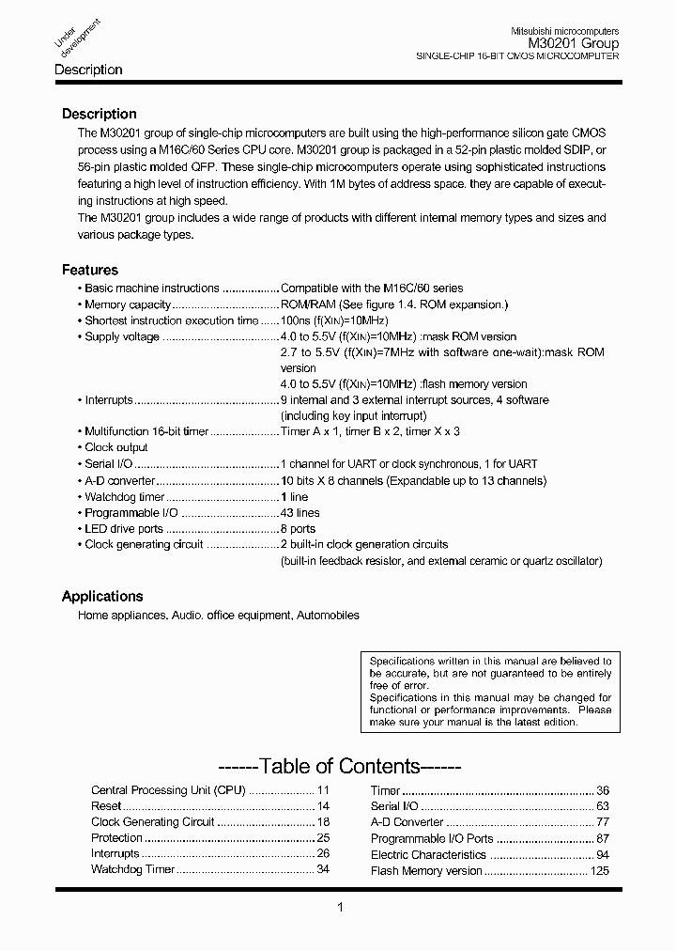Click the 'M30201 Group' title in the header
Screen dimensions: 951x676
573,43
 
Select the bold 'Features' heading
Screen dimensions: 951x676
90,270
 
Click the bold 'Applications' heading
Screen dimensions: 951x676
102,596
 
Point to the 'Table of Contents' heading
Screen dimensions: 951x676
339,766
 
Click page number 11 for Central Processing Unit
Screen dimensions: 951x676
323,790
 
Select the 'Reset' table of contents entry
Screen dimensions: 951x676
106,806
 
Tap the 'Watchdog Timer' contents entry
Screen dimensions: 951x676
132,869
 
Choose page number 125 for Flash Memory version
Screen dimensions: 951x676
600,871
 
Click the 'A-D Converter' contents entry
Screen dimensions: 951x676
407,822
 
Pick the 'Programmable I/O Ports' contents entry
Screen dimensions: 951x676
432,838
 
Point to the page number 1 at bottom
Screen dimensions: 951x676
339,907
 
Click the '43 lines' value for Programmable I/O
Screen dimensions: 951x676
300,513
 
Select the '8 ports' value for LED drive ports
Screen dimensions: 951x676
299,529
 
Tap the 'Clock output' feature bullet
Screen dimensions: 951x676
116,447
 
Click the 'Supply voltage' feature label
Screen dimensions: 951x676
122,336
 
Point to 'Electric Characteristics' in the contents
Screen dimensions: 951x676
428,855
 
